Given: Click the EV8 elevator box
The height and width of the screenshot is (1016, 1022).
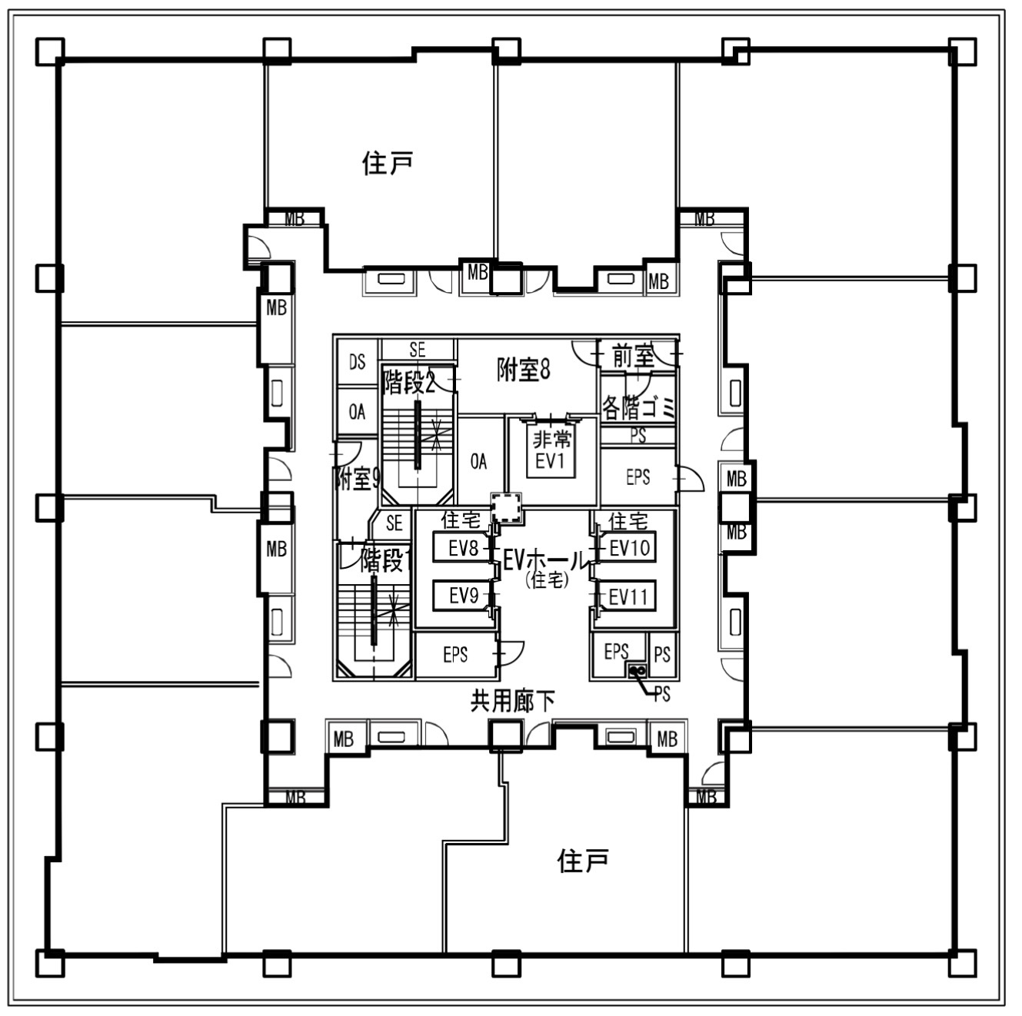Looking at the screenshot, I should coord(463,548).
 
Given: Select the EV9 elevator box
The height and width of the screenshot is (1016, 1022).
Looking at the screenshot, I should coord(463,596).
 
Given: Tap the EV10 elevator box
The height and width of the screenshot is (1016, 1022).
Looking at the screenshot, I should coord(629,548).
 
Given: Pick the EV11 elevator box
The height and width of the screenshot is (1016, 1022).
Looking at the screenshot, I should coord(628,596).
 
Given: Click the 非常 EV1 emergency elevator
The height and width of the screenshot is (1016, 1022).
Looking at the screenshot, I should coord(551,450).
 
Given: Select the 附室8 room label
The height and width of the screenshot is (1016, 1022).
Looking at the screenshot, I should coord(524,371).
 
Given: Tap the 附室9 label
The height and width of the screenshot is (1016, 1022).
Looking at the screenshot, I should coord(358,479).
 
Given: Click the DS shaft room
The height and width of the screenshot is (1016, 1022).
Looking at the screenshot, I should coord(357,361).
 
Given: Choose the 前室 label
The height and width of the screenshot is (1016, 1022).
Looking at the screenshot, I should coord(633,356).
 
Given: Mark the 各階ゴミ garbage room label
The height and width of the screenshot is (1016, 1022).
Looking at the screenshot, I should coord(638,406).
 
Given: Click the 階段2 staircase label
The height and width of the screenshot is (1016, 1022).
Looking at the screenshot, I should coord(408,382).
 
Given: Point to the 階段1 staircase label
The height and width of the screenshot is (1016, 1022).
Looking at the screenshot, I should coord(381,560).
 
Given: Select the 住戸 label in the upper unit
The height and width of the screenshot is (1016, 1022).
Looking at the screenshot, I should coord(388,163).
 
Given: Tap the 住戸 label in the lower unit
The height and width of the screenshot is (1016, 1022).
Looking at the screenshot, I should coord(583,861).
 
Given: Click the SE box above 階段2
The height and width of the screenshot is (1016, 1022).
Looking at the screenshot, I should coord(417,350).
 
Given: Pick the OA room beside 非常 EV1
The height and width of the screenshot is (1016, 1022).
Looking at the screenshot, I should coord(478,461).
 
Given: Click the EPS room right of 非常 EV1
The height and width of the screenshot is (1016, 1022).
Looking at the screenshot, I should coord(638,477).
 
